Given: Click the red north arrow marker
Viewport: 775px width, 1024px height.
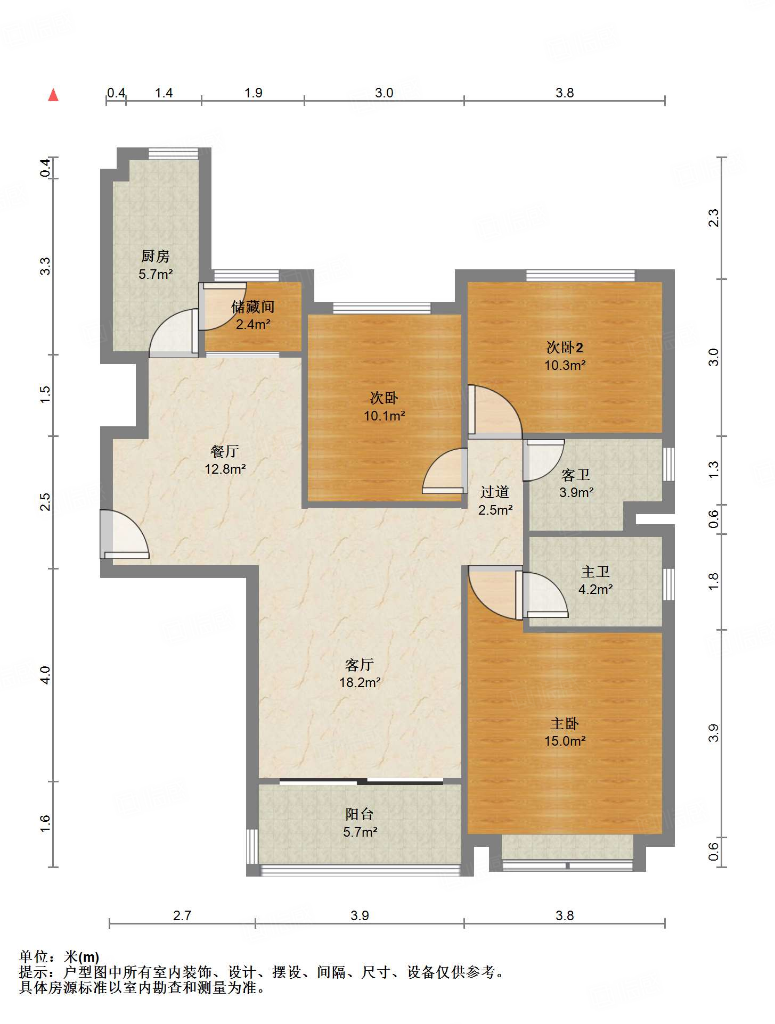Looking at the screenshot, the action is click(x=53, y=95).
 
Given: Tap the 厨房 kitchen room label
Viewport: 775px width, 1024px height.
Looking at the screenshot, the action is click(x=156, y=256).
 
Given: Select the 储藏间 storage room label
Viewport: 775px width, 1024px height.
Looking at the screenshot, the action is click(x=253, y=307).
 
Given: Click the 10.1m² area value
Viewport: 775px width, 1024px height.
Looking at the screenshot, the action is click(x=385, y=416).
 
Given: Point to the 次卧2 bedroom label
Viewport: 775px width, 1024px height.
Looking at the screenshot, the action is click(x=565, y=348).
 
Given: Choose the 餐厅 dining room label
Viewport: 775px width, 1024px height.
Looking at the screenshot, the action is click(x=225, y=451).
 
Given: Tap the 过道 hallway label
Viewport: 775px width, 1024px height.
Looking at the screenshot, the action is click(x=495, y=492).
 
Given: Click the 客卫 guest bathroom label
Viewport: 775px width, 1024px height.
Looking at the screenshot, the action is click(x=576, y=475).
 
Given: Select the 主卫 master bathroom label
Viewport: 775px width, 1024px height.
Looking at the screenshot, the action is click(x=595, y=572).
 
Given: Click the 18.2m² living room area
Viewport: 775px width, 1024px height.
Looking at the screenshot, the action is click(x=360, y=682).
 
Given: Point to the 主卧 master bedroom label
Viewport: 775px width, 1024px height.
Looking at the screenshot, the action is click(x=565, y=723).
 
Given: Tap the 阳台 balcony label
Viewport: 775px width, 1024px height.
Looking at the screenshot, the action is click(x=360, y=814).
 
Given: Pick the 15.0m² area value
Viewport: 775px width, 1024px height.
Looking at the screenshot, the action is click(x=565, y=741).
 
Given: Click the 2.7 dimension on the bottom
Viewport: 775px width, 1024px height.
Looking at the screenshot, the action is click(x=182, y=915).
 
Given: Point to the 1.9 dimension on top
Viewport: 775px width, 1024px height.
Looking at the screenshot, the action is click(x=254, y=93).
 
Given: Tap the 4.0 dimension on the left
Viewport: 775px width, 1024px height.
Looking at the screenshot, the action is click(x=46, y=675).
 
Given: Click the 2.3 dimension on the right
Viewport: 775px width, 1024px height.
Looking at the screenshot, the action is click(x=713, y=218).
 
